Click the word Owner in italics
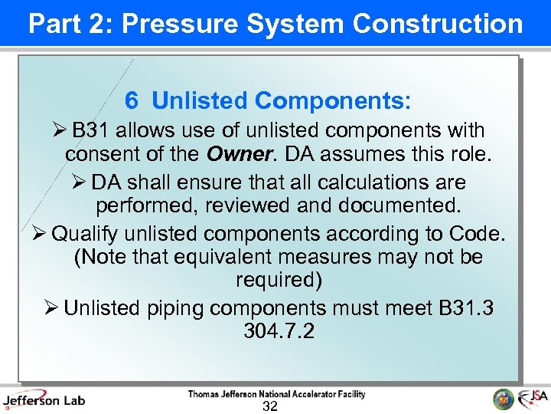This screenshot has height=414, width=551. coord(238,154)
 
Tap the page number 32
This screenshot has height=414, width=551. coord(269,406)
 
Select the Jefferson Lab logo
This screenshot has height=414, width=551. coord(44,399)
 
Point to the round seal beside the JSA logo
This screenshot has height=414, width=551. coord(504,399)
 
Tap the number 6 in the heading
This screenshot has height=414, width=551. coord(132,100)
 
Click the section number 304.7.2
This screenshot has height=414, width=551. coord(279,332)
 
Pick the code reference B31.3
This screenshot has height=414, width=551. coord(466,308)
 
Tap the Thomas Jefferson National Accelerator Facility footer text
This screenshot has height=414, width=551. coord(277,394)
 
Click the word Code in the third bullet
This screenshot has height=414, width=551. coord(478,232)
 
